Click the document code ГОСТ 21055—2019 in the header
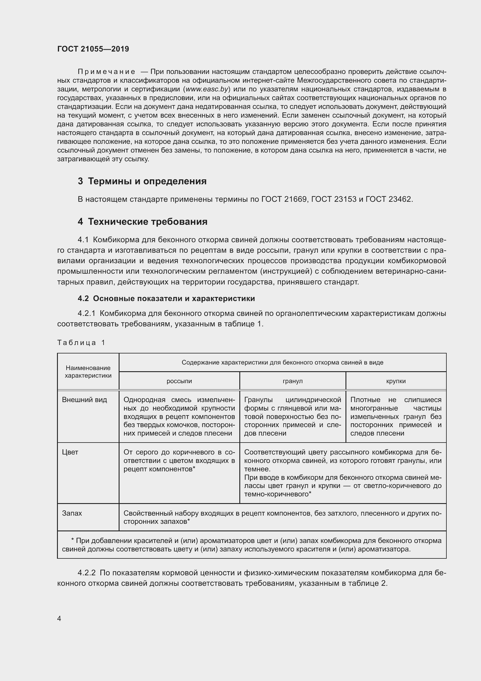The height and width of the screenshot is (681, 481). point(93,49)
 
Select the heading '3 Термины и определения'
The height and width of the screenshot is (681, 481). point(142,181)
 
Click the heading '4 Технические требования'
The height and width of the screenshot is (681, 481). point(142,222)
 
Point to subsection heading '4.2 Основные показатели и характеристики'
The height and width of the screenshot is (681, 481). point(166,298)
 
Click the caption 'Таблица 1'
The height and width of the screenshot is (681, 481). point(81,343)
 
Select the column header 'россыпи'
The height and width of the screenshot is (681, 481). point(179,381)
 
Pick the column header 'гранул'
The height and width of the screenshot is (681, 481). point(293,381)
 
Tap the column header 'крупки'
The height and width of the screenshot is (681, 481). point(396,381)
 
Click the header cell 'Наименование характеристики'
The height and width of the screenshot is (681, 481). point(88,372)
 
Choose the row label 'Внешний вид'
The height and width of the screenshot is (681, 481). point(84,400)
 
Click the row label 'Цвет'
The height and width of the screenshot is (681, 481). point(70,452)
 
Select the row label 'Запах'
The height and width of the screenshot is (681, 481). point(72,513)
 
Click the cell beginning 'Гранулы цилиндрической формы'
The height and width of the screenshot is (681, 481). point(293,416)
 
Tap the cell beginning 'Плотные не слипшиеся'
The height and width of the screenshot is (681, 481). point(396,416)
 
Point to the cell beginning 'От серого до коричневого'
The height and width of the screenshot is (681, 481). point(179,460)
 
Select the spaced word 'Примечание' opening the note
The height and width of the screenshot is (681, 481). point(107,72)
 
